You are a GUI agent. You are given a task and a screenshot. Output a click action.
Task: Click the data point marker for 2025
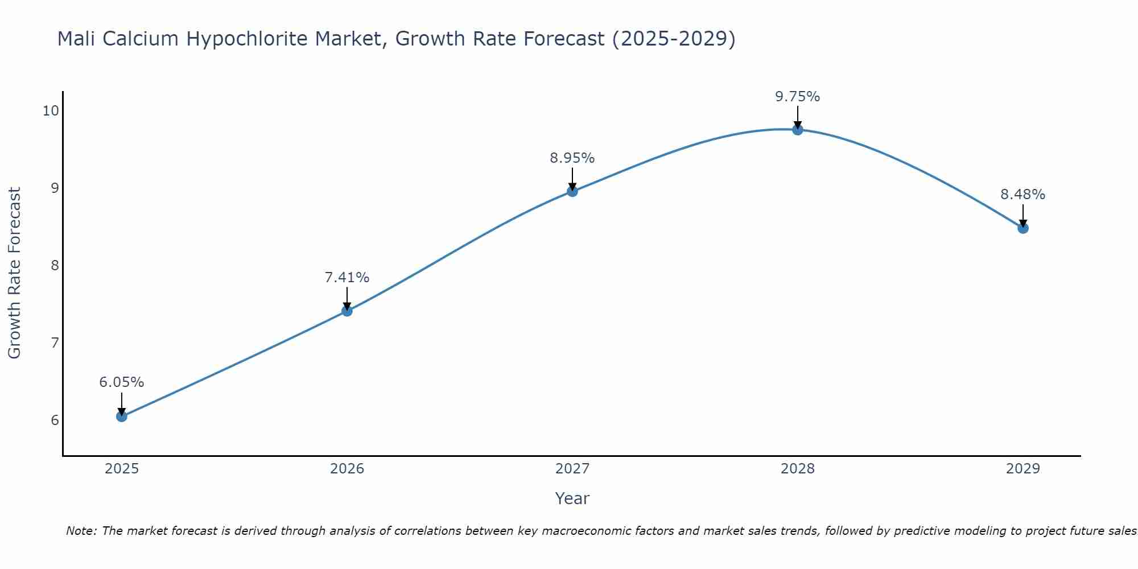pyautogui.click(x=122, y=417)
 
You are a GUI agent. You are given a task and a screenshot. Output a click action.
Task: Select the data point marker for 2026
pyautogui.click(x=347, y=311)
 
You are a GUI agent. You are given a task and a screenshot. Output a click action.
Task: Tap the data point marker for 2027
pyautogui.click(x=572, y=191)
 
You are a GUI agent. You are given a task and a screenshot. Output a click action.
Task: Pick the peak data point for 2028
pyautogui.click(x=798, y=130)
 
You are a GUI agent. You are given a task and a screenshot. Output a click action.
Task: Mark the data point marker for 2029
pyautogui.click(x=1023, y=228)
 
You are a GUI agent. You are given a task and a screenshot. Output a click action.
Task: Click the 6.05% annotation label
pyautogui.click(x=122, y=382)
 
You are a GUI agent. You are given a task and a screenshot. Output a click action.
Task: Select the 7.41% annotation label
pyautogui.click(x=347, y=278)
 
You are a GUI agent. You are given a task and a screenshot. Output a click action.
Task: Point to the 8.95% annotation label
pyautogui.click(x=572, y=158)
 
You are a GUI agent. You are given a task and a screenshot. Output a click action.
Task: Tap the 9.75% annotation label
pyautogui.click(x=798, y=97)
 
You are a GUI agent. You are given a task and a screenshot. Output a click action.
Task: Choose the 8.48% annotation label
pyautogui.click(x=1023, y=195)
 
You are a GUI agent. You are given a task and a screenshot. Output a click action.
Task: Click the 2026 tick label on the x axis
pyautogui.click(x=347, y=469)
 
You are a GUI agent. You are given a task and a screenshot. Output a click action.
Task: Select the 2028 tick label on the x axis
pyautogui.click(x=798, y=469)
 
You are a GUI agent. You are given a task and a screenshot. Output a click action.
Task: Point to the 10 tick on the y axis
pyautogui.click(x=51, y=110)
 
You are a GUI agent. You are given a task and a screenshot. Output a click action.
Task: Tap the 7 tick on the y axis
pyautogui.click(x=55, y=343)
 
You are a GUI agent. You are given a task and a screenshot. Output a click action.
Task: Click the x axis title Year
pyautogui.click(x=572, y=498)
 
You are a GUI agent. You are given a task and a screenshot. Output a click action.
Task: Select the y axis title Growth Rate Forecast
pyautogui.click(x=15, y=273)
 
